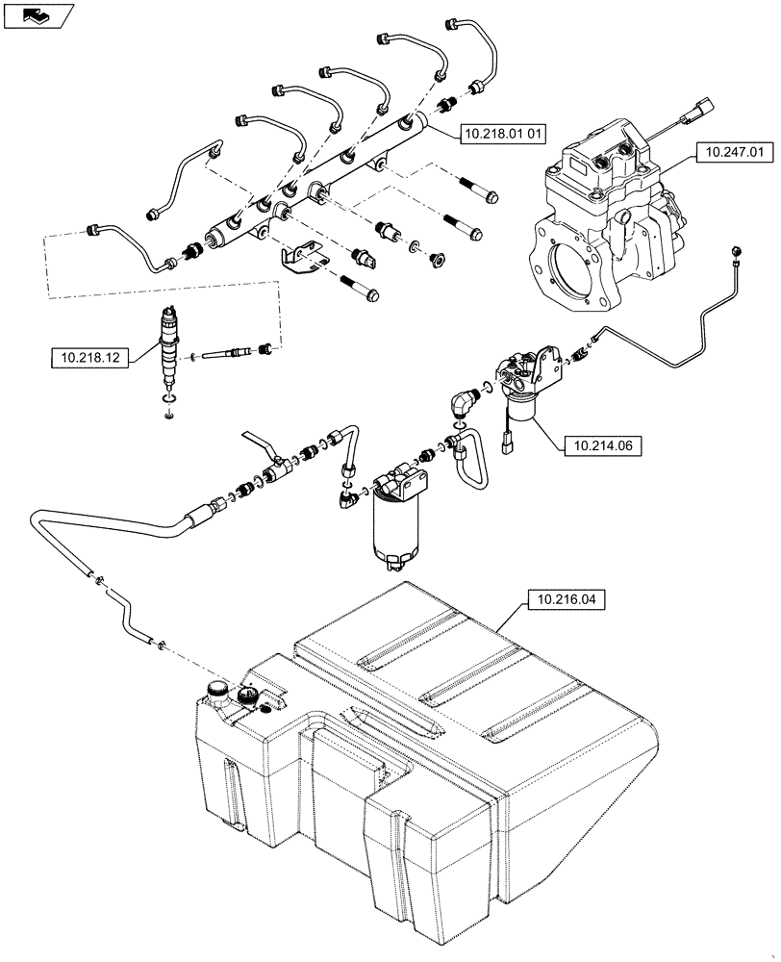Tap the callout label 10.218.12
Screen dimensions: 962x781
point(89,358)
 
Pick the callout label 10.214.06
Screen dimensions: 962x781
point(601,445)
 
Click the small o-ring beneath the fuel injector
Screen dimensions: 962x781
point(169,415)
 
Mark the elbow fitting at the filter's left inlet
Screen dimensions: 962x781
point(346,498)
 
